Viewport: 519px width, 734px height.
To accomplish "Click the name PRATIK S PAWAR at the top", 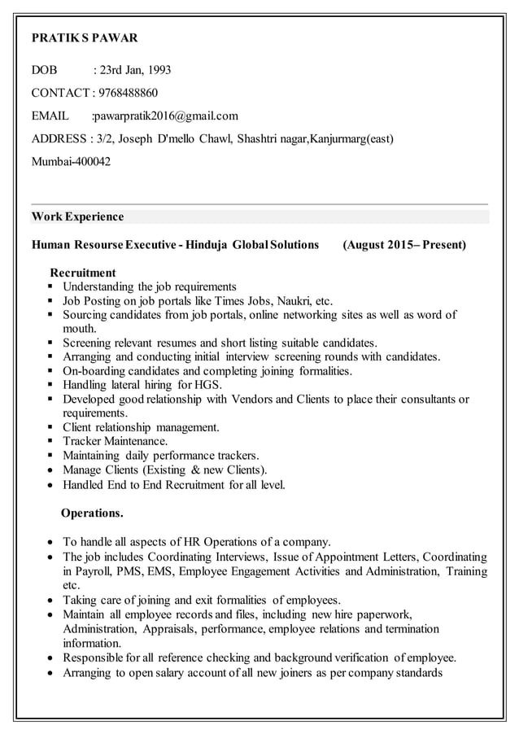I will pyautogui.click(x=85, y=37).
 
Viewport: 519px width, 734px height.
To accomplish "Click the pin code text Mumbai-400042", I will pyautogui.click(x=71, y=161).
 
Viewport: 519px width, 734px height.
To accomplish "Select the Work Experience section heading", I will pyautogui.click(x=77, y=216).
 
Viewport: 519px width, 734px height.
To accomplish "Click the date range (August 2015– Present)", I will pyautogui.click(x=404, y=244).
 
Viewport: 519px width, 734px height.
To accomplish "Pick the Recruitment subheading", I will pyautogui.click(x=83, y=273).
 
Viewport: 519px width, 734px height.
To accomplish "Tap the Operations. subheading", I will pyautogui.click(x=93, y=513).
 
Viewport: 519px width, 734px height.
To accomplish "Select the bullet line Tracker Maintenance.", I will pyautogui.click(x=116, y=441).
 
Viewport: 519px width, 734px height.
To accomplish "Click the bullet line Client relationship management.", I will pyautogui.click(x=141, y=427).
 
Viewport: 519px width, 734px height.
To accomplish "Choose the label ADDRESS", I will pyautogui.click(x=59, y=138).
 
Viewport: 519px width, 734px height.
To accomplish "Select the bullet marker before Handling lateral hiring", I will pyautogui.click(x=51, y=385).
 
